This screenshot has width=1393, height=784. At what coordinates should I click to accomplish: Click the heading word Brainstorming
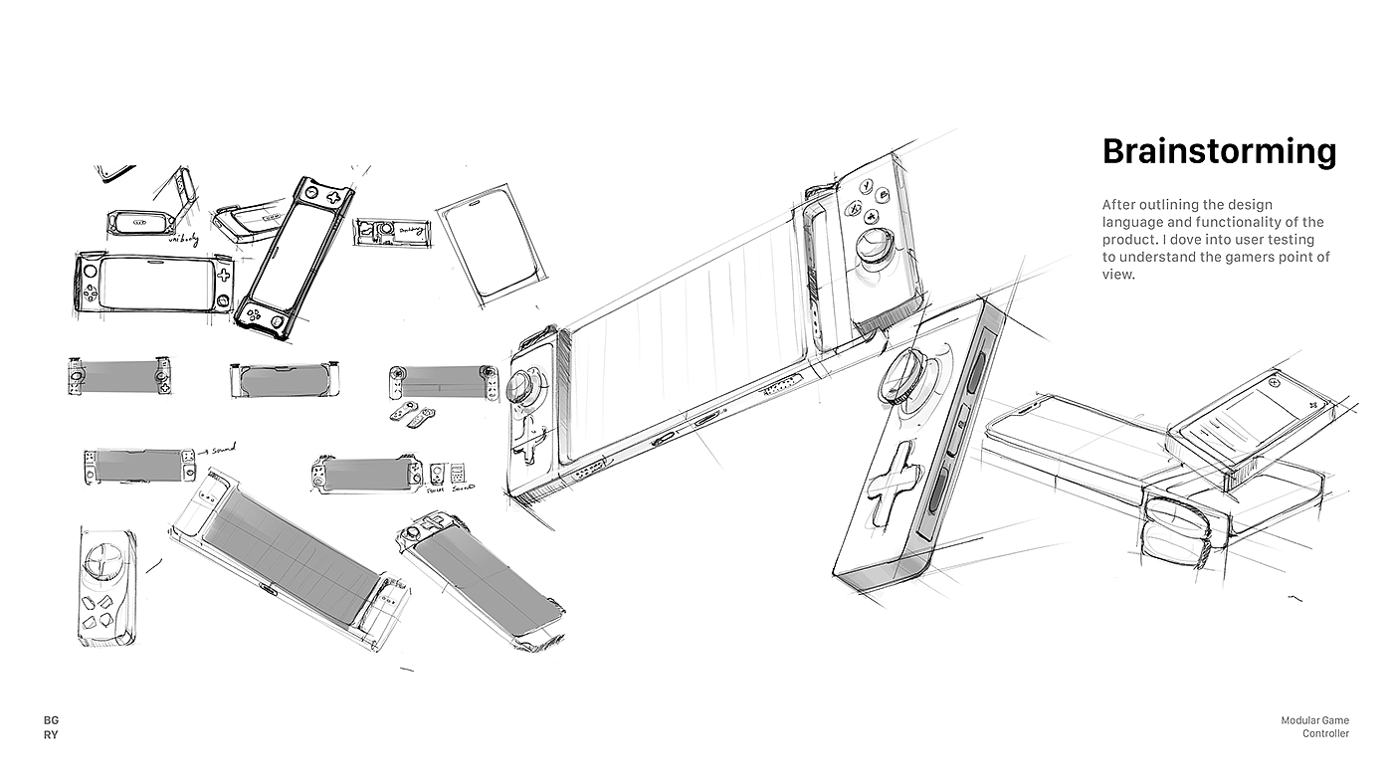click(1219, 152)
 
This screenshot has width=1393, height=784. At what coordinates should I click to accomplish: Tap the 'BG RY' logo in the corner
click(51, 727)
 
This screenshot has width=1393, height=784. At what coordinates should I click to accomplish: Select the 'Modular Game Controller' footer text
click(1314, 727)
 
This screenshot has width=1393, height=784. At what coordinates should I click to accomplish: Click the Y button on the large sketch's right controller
click(868, 185)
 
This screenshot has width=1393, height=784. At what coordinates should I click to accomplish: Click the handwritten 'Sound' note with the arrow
click(222, 450)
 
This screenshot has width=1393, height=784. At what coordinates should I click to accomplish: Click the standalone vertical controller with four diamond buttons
click(106, 579)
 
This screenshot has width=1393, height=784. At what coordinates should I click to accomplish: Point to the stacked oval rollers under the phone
click(1174, 527)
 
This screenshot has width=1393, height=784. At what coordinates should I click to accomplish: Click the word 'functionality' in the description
click(1240, 222)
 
